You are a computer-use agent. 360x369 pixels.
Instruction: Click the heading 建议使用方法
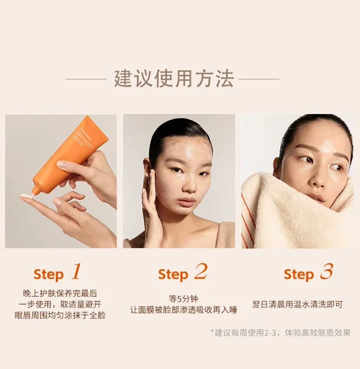pos(174,79)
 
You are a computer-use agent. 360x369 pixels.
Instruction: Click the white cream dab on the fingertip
pos(26,196)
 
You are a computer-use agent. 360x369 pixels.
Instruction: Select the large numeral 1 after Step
pos(76,272)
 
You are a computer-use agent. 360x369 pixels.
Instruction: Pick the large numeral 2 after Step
pos(201,272)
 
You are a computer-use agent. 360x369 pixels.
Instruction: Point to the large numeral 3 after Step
pos(327,272)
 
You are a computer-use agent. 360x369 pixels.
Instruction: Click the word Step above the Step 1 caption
pos(49,275)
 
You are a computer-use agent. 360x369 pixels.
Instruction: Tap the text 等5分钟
pos(183,299)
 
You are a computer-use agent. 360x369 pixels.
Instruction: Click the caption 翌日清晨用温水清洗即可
pos(297,304)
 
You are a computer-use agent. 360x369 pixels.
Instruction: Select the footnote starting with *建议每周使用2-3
pos(281,332)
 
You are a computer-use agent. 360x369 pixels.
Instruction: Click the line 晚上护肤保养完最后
pos(60,293)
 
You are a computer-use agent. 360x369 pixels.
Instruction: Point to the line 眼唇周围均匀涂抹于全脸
pos(60,316)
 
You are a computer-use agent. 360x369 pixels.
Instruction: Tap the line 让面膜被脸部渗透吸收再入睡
pos(183,310)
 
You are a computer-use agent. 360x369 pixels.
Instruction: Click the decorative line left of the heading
pos(86,79)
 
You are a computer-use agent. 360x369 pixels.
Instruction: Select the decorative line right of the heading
pos(259,79)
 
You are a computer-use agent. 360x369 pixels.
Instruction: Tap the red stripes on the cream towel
pos(248,222)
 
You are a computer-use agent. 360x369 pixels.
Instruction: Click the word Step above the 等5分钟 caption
pos(173,275)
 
